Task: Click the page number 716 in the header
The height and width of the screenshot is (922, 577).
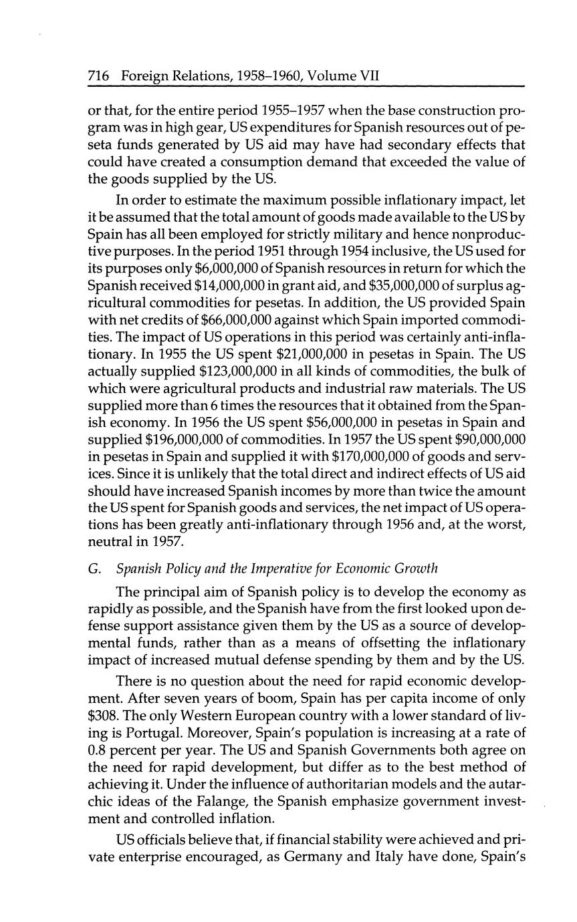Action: click(98, 77)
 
